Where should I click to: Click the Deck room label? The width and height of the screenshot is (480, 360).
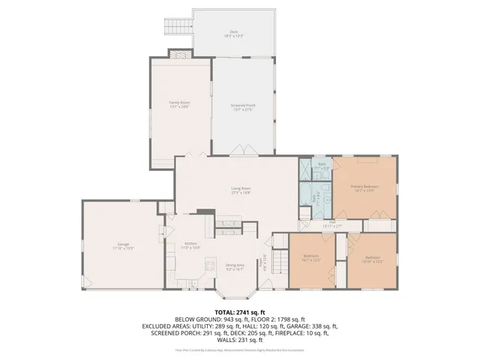point(234,31)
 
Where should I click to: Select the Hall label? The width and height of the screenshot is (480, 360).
point(331,222)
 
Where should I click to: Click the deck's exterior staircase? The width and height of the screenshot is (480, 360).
point(175,27)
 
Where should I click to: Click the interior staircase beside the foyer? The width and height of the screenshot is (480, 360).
point(279,262)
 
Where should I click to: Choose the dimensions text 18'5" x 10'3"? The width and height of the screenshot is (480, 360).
point(234,35)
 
